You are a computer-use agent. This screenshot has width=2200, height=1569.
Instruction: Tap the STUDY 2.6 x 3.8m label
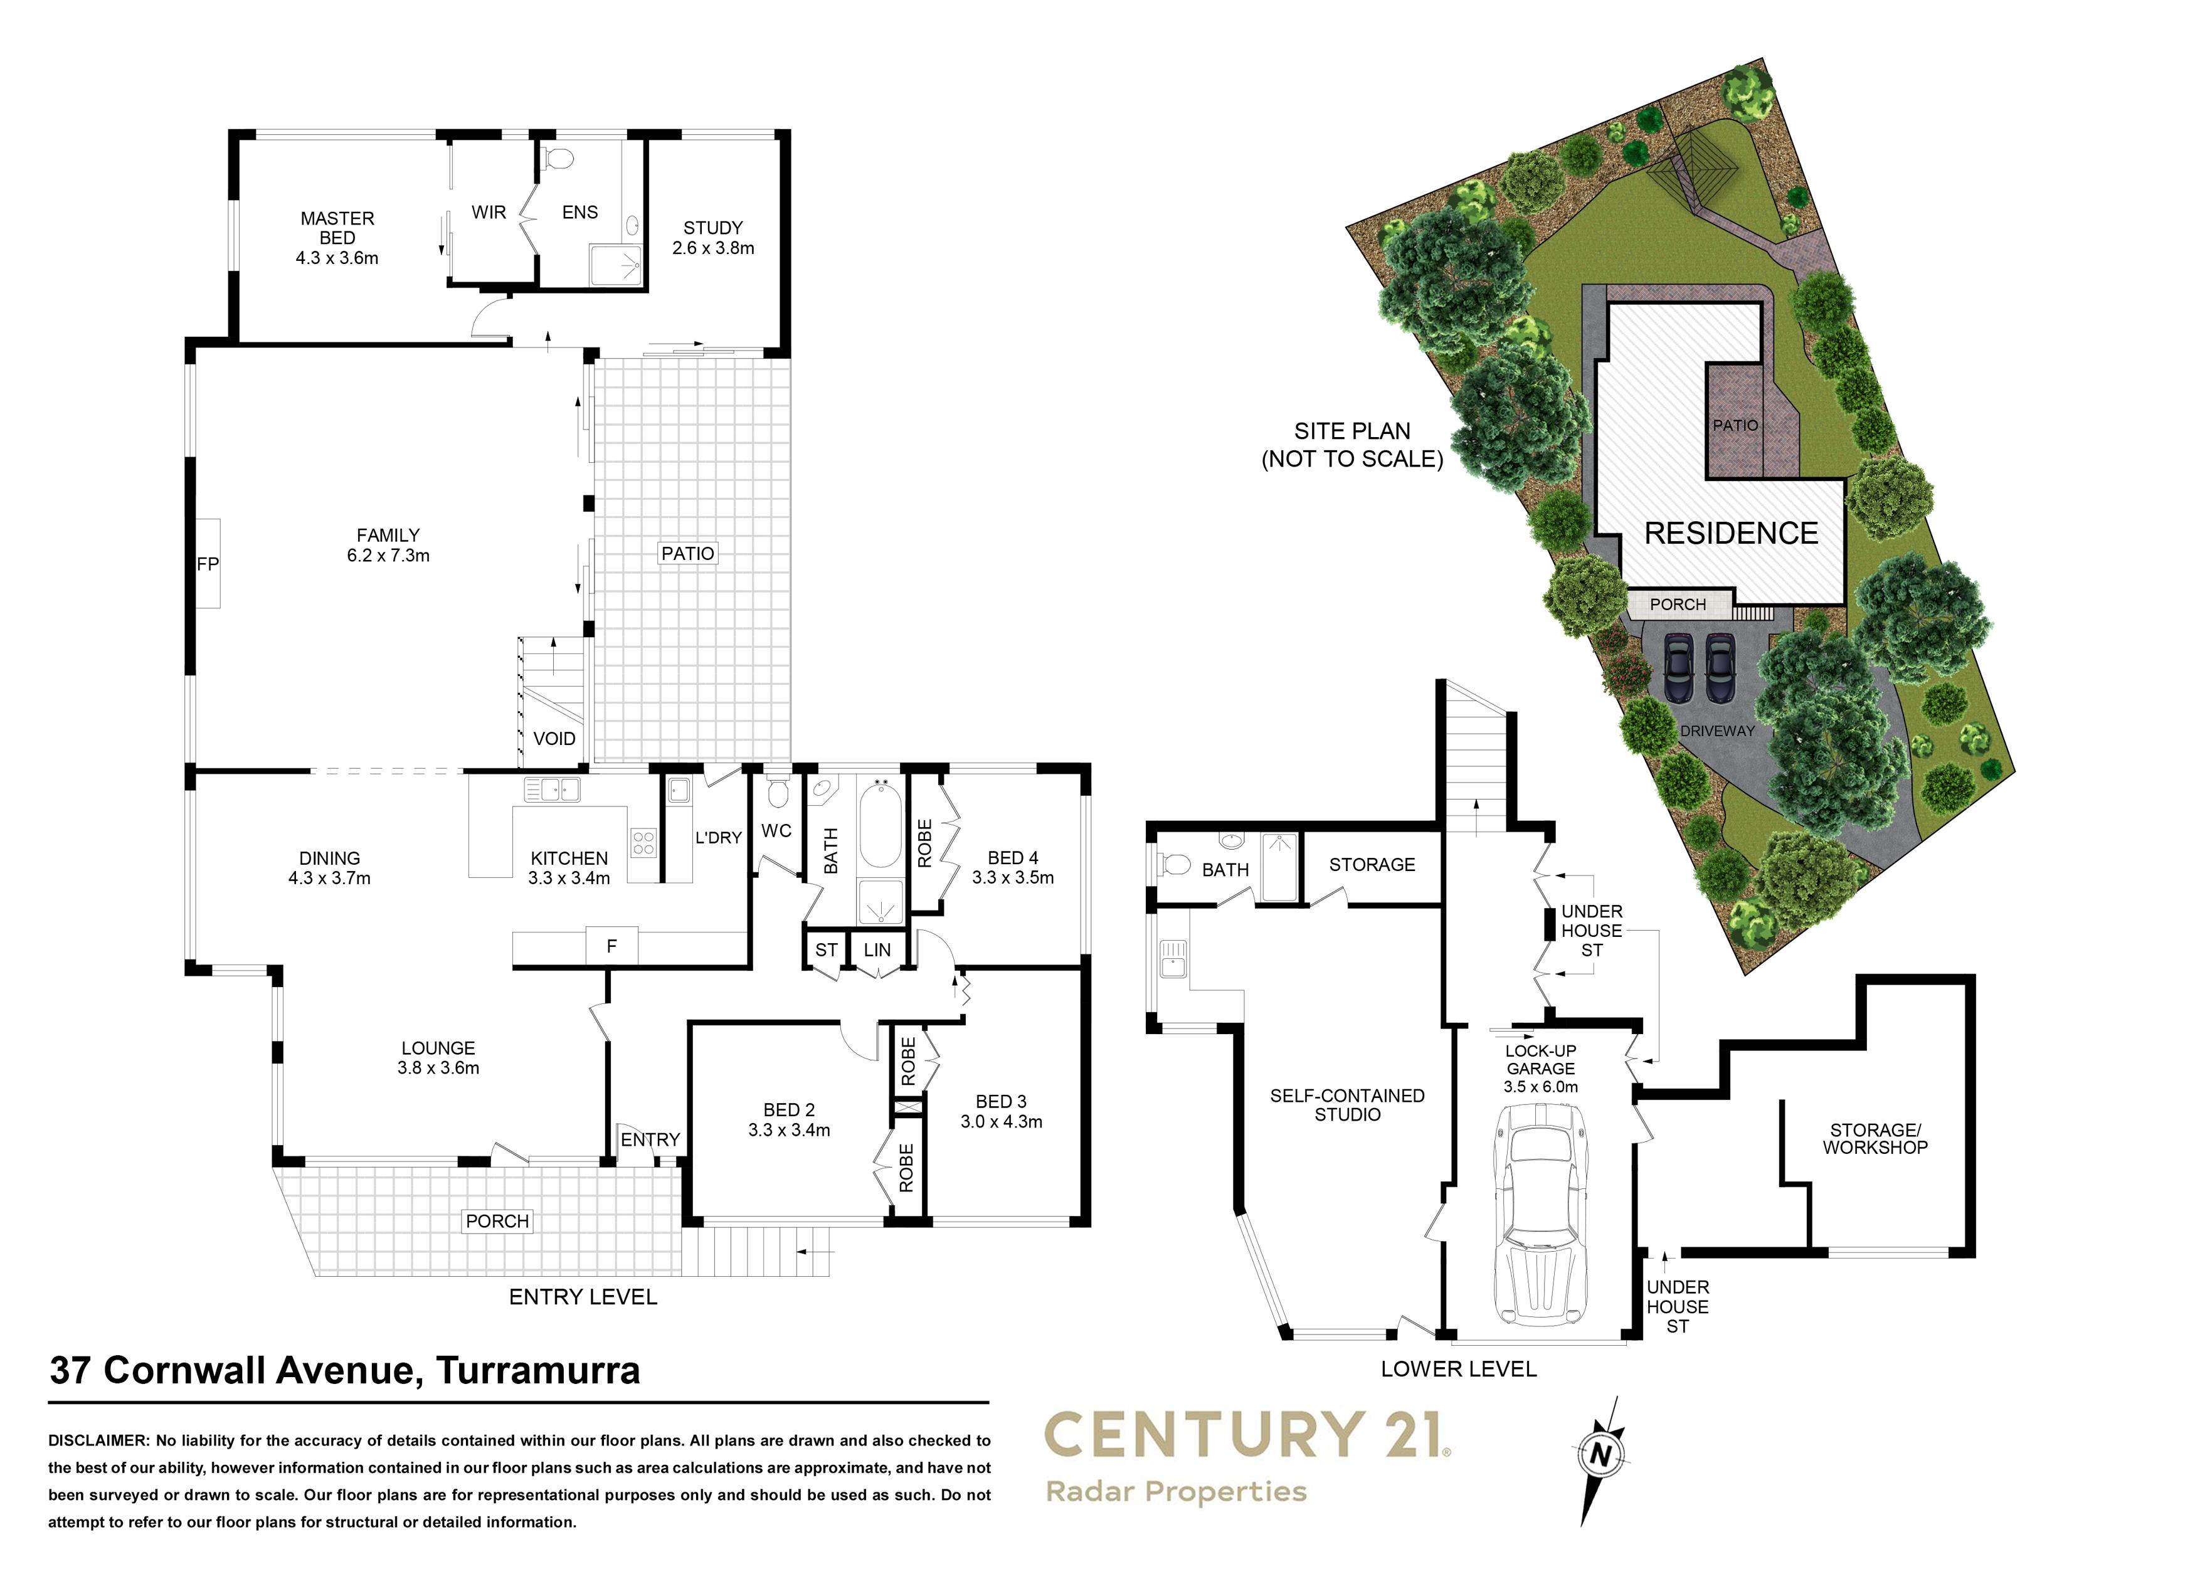pos(713,238)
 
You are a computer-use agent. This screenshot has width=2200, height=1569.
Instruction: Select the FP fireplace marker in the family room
pos(208,563)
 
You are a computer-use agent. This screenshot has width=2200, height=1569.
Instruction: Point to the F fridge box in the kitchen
pos(611,947)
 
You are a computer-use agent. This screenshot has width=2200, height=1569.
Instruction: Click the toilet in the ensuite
pos(558,157)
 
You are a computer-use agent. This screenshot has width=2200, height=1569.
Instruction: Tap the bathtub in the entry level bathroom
pos(881,824)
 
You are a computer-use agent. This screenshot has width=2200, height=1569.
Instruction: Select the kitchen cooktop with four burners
pos(643,842)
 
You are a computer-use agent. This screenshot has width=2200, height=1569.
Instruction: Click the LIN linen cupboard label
pos(877,949)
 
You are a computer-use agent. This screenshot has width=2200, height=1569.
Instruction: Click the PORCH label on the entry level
pos(497,1221)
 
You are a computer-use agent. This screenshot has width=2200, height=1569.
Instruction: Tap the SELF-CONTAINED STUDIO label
pos(1347,1104)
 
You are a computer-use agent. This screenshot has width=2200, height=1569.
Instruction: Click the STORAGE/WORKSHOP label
pos(1875,1139)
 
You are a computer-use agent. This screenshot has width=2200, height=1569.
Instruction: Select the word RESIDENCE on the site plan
pos(1732,533)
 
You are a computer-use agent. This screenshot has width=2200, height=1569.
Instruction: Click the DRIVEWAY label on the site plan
pos(1717,731)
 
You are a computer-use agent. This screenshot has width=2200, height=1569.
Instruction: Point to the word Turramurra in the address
pos(537,1371)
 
